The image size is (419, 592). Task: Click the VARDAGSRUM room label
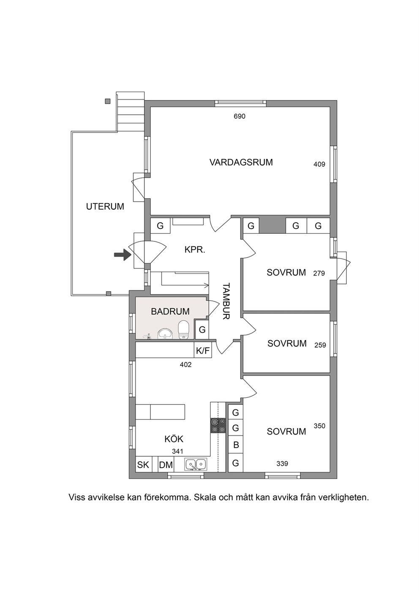(x=241, y=162)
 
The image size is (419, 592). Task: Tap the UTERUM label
(x=105, y=206)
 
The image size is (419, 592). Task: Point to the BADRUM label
(x=170, y=311)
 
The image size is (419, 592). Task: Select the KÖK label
(x=174, y=439)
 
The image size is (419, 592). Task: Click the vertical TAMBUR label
(x=226, y=301)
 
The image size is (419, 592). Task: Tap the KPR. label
(x=195, y=250)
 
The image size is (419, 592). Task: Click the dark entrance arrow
(x=123, y=255)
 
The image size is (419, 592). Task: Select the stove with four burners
(x=218, y=425)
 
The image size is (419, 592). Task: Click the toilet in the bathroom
(x=183, y=330)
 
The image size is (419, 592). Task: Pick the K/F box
(x=203, y=351)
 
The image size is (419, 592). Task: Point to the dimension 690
(x=239, y=116)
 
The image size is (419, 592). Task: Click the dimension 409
(x=319, y=164)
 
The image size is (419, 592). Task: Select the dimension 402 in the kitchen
(x=186, y=365)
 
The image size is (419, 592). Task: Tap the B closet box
(x=236, y=445)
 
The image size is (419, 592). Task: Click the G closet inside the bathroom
(x=202, y=329)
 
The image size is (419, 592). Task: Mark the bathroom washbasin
(x=165, y=334)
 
